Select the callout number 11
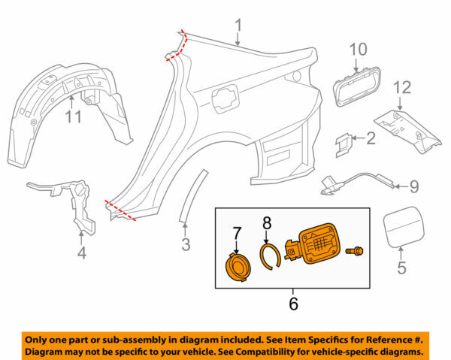tap(73, 116)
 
